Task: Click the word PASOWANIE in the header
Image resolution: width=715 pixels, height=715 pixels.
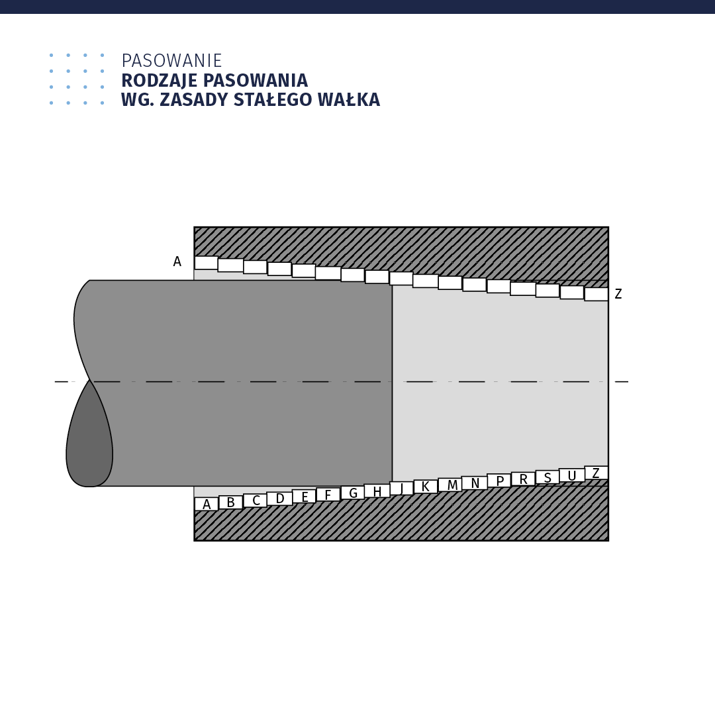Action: pyautogui.click(x=171, y=61)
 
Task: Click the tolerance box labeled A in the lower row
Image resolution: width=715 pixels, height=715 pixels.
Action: pyautogui.click(x=207, y=504)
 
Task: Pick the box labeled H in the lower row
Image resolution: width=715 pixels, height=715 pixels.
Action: pyautogui.click(x=377, y=491)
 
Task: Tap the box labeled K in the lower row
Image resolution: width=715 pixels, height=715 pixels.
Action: pyautogui.click(x=426, y=486)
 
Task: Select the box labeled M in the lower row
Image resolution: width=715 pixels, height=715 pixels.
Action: pyautogui.click(x=450, y=485)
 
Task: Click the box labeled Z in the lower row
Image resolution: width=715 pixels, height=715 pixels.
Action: pyautogui.click(x=596, y=473)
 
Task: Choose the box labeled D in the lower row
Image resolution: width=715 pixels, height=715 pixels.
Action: pyautogui.click(x=279, y=499)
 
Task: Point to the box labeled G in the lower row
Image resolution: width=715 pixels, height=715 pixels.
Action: pyautogui.click(x=353, y=493)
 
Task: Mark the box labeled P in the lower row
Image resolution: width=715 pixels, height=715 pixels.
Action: pyautogui.click(x=499, y=481)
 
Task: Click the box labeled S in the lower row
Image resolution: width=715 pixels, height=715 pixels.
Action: pyautogui.click(x=548, y=477)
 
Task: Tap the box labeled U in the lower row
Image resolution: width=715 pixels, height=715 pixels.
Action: pyautogui.click(x=572, y=475)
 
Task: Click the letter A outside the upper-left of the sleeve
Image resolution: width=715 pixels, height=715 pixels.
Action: pyautogui.click(x=177, y=262)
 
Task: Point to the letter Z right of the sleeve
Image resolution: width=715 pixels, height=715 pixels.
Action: pyautogui.click(x=618, y=294)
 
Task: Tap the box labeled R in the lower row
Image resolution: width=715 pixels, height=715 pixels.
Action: pyautogui.click(x=524, y=479)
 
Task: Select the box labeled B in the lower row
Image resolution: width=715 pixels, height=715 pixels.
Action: pyautogui.click(x=231, y=502)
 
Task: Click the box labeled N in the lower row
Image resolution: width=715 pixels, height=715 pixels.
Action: pyautogui.click(x=474, y=483)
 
